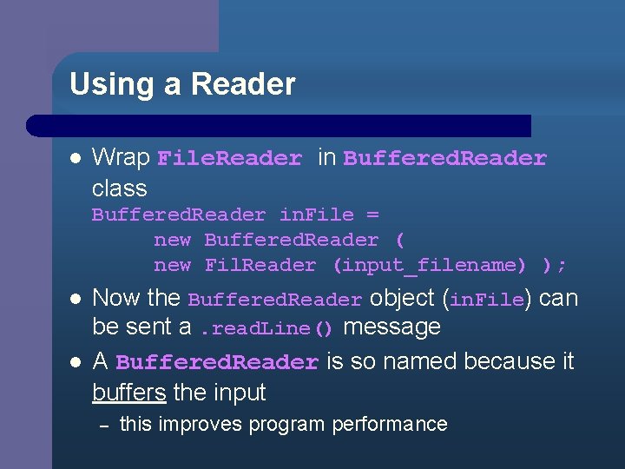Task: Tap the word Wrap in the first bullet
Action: [x=121, y=157]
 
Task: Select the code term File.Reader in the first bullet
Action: [x=230, y=159]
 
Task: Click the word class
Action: [x=120, y=188]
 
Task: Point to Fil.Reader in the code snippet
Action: [x=260, y=265]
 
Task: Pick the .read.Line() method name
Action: [x=266, y=329]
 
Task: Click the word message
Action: [x=391, y=327]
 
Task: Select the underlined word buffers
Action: [x=128, y=392]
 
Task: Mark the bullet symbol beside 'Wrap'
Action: [x=75, y=159]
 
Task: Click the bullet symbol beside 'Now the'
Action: [x=75, y=299]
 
